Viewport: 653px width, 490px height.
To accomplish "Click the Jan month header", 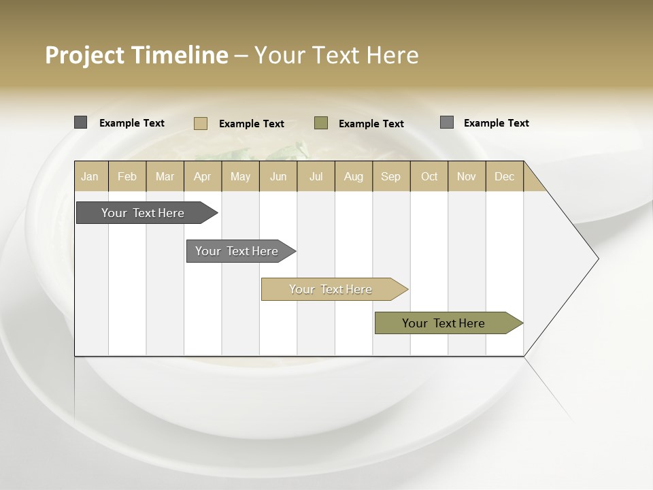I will [x=90, y=176].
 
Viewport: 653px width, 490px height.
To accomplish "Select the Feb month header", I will [x=127, y=176].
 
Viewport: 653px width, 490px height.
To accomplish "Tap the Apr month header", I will [x=203, y=176].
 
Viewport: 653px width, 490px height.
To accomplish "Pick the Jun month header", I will [x=278, y=176].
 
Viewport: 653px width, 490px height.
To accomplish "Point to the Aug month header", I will [x=354, y=176].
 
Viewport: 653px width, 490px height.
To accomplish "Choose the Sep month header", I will [x=391, y=176].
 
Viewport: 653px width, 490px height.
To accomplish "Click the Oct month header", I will [x=429, y=176].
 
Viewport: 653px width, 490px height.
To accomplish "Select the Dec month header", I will [x=505, y=176].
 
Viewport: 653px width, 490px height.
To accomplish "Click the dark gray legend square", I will [x=81, y=122].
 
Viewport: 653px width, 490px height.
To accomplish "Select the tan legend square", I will [x=200, y=123].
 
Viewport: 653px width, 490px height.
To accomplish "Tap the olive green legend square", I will [x=321, y=123].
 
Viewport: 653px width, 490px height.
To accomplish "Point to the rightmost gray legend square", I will [x=447, y=122].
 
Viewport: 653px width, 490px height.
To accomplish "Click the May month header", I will [x=240, y=176].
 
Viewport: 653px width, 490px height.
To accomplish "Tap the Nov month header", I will [x=467, y=176].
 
